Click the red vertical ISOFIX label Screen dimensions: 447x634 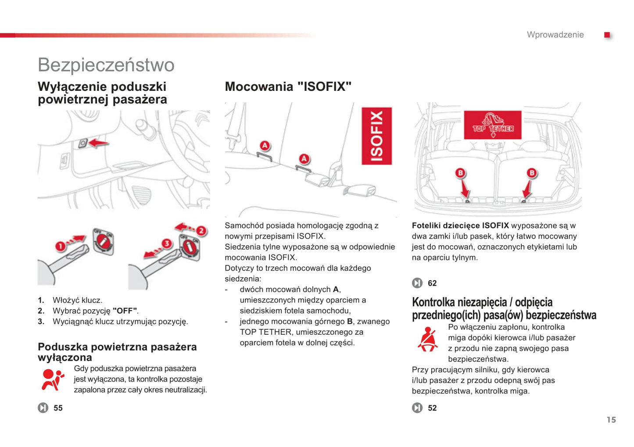tap(376, 136)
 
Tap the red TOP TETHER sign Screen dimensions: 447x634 tap(493, 125)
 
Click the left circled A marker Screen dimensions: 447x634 tap(265, 146)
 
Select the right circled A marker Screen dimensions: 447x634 tap(304, 159)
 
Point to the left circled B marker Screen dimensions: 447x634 tap(460, 173)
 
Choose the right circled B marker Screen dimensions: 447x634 tap(532, 173)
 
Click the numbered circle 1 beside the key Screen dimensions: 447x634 tap(60, 247)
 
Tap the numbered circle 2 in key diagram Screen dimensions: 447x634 tap(201, 231)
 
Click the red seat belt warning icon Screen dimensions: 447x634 tap(427, 339)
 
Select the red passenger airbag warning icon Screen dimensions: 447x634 tap(52, 379)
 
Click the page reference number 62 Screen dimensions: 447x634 tap(432, 283)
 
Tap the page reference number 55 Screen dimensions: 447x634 tap(58, 408)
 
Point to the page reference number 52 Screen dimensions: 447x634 tap(432, 408)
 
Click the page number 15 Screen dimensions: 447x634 tap(611, 420)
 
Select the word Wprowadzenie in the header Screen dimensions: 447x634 tap(555, 35)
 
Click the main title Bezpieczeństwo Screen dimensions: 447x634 tap(106, 65)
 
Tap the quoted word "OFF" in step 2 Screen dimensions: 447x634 tap(125, 311)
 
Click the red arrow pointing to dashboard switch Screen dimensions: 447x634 tap(99, 143)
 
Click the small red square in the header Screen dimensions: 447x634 tap(607, 35)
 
